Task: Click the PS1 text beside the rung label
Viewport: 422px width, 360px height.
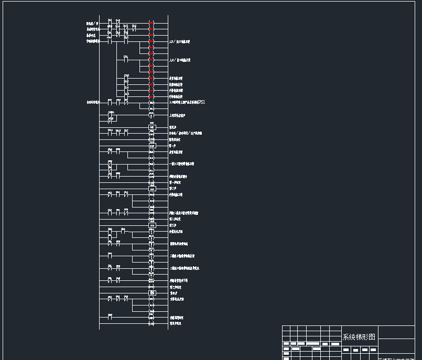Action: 201,102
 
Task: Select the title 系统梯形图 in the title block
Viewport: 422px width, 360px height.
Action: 359,337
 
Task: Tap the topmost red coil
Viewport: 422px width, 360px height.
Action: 151,23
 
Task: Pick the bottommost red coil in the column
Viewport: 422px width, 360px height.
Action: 151,97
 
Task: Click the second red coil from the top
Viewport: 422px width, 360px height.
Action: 151,29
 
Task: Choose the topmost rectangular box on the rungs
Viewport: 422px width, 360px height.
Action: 152,127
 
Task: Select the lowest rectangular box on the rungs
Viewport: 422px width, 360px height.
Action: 152,293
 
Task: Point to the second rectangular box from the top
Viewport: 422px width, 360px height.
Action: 152,146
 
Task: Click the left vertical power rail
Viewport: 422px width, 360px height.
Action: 100,173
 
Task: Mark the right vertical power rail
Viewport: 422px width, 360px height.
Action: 168,173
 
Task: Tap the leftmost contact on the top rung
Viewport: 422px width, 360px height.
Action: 110,24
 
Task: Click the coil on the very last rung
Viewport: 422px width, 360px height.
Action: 151,324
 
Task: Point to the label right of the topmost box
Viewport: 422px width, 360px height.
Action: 172,127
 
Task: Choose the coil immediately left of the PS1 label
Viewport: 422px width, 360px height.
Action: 151,103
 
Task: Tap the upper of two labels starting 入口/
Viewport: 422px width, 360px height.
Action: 179,41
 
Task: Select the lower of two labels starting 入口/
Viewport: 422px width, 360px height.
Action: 179,60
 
